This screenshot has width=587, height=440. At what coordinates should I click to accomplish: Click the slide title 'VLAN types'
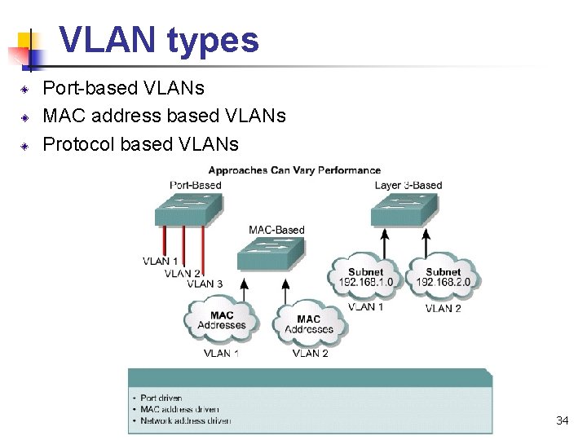[159, 40]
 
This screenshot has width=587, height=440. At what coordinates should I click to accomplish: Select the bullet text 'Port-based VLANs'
[123, 87]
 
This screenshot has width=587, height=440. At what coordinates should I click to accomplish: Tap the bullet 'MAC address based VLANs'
[164, 116]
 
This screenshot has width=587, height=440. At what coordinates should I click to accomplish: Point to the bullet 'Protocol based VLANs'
[140, 144]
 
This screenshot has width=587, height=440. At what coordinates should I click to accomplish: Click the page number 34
[562, 420]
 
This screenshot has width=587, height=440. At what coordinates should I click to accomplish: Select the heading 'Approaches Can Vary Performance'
[294, 170]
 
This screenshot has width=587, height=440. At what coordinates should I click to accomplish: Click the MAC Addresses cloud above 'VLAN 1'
[221, 320]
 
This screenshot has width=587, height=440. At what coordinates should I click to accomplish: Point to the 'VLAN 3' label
[205, 284]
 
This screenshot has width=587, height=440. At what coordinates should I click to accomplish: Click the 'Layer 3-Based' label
[408, 185]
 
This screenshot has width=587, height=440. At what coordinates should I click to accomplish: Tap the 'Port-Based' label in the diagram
[196, 185]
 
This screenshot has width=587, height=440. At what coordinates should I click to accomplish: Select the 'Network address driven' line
[185, 420]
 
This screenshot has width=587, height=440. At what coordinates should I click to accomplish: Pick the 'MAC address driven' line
[179, 409]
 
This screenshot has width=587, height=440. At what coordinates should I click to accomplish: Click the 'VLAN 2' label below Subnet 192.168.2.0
[443, 309]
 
